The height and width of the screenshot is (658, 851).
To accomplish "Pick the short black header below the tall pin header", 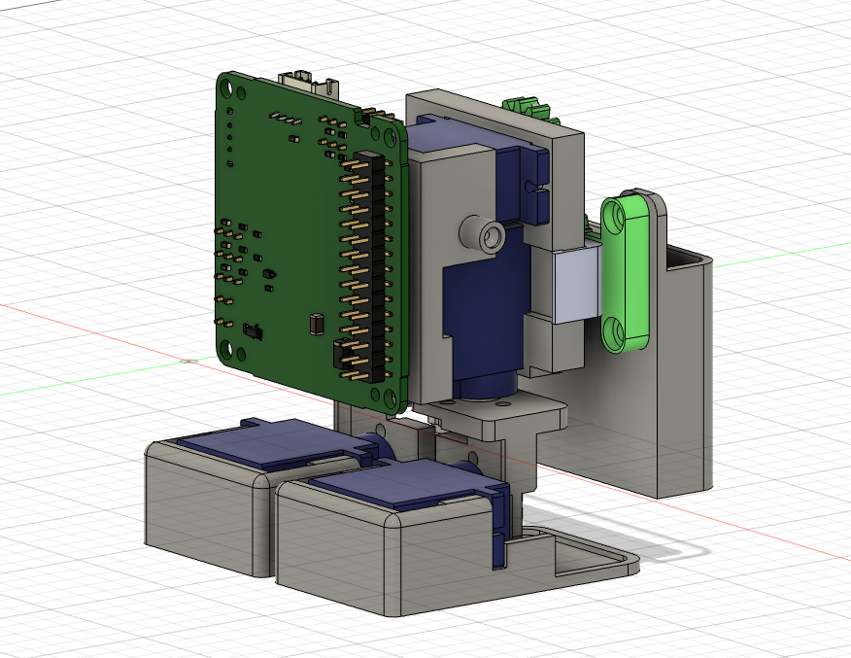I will click(347, 358).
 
